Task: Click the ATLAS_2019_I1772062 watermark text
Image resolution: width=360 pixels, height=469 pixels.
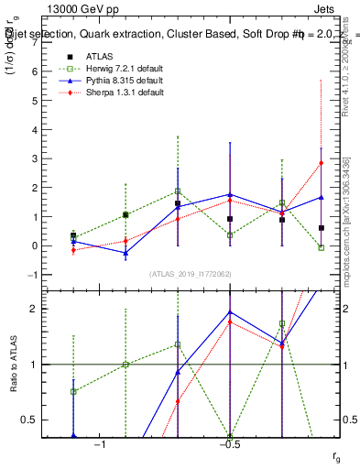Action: (191, 274)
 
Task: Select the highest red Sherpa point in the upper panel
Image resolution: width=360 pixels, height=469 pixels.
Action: (321, 163)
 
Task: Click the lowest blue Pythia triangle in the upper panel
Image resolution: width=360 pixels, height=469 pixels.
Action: (125, 253)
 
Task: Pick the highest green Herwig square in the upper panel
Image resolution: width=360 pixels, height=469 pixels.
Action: (178, 191)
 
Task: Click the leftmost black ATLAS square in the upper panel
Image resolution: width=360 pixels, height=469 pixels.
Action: (73, 235)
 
